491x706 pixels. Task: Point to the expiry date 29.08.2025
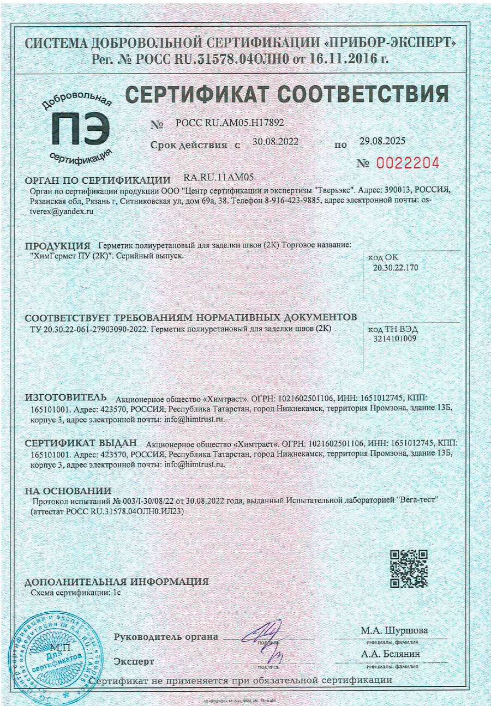tap(382, 142)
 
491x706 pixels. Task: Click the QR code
tap(409, 569)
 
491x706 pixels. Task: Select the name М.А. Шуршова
tap(394, 631)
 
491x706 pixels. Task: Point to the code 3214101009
tap(392, 339)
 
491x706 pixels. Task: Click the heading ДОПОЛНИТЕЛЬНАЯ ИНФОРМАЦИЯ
tap(117, 582)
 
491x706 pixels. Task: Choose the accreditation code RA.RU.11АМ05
tap(219, 178)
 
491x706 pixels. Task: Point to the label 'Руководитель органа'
tap(166, 637)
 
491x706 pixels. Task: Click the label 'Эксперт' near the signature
tap(134, 661)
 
